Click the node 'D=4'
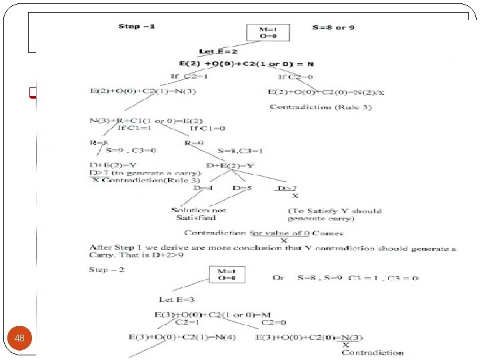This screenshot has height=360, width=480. coord(203,189)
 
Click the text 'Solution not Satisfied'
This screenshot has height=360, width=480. coord(198,214)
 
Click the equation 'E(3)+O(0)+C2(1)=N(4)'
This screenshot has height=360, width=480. coord(180,337)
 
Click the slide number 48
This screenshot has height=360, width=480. coord(20,339)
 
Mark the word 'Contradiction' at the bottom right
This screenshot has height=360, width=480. coord(372,353)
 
